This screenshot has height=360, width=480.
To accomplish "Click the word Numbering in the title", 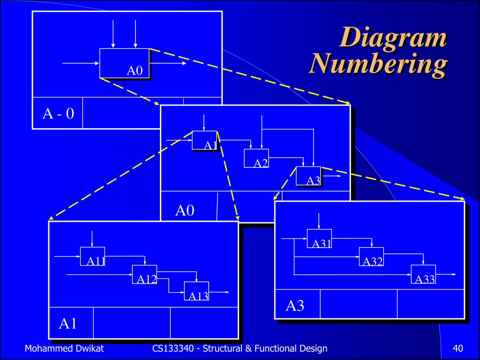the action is point(377,65).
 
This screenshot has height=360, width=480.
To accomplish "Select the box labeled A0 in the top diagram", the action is point(125,63).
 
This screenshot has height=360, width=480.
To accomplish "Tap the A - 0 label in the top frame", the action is point(58,113).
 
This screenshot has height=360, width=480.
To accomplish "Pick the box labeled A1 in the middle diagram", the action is point(204,140).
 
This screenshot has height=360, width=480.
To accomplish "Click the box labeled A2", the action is point(256,158).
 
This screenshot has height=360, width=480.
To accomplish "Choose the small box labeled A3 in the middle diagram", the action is point(308,176).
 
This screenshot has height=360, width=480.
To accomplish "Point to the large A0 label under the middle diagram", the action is point(185,210).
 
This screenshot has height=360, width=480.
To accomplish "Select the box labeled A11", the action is point(92,256).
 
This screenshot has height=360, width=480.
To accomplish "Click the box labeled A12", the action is point(144,274).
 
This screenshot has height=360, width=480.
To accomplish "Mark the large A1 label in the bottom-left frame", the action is point(68,323).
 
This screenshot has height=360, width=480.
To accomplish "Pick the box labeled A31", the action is point(319,238).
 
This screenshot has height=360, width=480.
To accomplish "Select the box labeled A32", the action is point(371,256).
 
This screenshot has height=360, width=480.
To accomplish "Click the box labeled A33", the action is point(423,274).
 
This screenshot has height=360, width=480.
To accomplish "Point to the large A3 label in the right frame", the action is point(295,306).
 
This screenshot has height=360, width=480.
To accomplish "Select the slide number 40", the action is point(458,348).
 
